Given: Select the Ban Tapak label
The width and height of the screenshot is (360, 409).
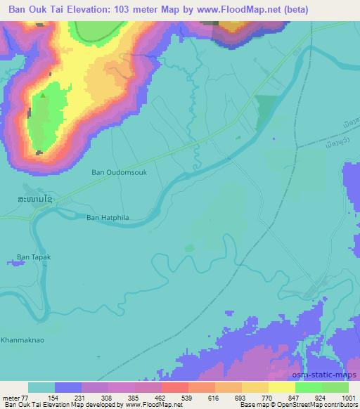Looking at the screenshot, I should pyautogui.click(x=34, y=257).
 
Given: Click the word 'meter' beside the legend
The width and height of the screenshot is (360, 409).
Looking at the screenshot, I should pyautogui.click(x=11, y=397).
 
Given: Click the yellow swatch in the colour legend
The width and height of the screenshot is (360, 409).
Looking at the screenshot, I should pyautogui.click(x=282, y=387).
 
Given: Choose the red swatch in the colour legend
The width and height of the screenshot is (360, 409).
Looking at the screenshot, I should pyautogui.click(x=174, y=387).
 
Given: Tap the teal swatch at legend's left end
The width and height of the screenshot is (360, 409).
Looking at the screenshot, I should pyautogui.click(x=41, y=387).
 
